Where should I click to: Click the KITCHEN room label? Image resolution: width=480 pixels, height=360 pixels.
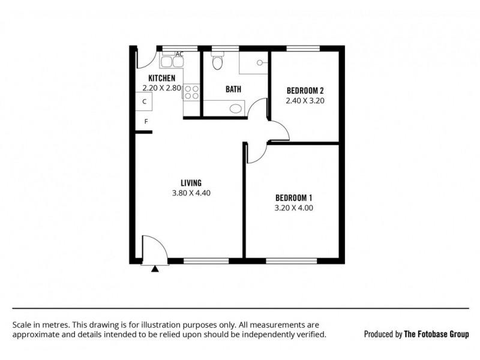161,78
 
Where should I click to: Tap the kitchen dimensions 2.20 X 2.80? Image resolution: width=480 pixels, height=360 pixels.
161,88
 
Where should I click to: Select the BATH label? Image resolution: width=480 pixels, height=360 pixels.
233,89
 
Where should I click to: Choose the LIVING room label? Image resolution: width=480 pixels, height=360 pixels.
191,183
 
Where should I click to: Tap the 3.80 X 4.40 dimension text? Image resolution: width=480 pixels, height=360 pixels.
191,193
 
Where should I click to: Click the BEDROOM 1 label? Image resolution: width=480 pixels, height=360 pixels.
294,199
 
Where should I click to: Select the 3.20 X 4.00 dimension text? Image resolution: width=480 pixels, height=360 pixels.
294,209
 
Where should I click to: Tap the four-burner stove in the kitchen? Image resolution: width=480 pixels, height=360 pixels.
191,92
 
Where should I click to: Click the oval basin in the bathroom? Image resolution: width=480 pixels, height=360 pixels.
236,109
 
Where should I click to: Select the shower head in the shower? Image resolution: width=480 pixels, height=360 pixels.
259,61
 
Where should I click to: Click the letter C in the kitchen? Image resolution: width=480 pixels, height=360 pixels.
144,102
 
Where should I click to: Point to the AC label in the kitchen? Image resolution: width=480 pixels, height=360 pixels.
179,54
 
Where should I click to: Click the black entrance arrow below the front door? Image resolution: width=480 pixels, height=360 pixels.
155,269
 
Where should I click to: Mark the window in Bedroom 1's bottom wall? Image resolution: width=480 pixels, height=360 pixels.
290,261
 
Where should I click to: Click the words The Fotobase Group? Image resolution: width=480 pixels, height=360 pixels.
436,334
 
